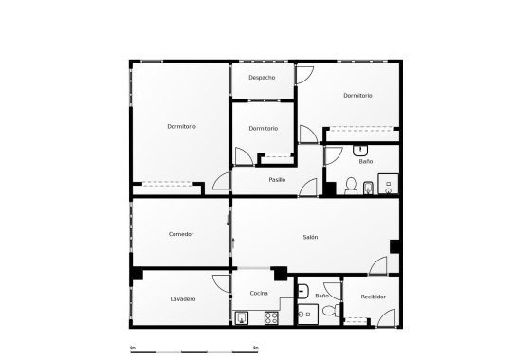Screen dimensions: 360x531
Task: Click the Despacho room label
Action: [x=262, y=77]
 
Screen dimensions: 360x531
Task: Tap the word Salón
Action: [x=310, y=237]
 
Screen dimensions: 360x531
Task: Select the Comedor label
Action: [x=181, y=234]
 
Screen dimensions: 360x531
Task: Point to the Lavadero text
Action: [x=183, y=299]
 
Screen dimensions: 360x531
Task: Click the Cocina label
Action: [x=259, y=294]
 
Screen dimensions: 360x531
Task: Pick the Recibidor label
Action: [x=374, y=297]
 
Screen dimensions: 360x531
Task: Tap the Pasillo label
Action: [x=277, y=179]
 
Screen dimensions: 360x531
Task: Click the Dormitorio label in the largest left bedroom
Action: [x=181, y=126]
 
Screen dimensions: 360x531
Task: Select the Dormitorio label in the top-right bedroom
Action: [x=357, y=95]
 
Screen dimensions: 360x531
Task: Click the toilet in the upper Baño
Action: [x=350, y=185]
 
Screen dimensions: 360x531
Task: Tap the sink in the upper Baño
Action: [x=361, y=150]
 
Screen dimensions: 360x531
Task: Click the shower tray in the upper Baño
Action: [x=389, y=184]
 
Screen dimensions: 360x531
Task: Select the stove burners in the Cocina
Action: [x=271, y=317]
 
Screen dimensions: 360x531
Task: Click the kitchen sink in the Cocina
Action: [x=243, y=317]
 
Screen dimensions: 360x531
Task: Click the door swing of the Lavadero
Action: [x=221, y=282]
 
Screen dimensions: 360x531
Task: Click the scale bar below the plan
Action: [x=193, y=350]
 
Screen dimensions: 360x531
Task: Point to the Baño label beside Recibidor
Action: [x=321, y=296]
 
